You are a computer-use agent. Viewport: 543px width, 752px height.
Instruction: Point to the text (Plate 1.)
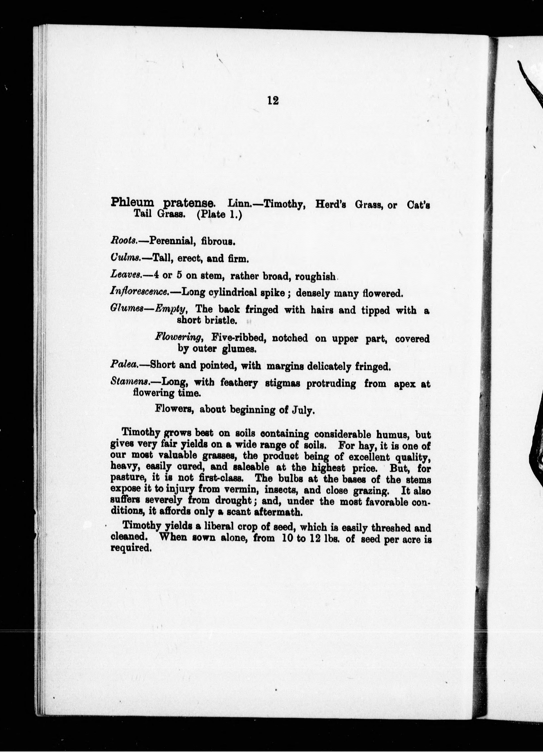pyautogui.click(x=219, y=214)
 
